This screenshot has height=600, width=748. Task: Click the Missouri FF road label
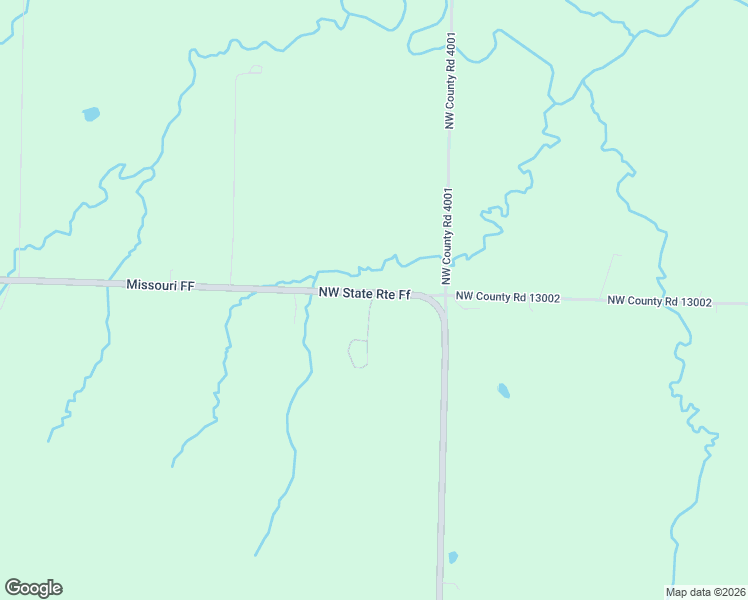160,285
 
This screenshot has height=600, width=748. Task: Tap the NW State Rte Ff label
365,293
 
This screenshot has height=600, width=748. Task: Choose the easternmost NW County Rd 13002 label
659,301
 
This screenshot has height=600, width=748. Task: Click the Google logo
33,588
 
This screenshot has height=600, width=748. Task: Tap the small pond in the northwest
91,114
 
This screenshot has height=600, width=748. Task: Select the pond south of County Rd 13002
503,390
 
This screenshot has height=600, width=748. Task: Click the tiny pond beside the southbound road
453,557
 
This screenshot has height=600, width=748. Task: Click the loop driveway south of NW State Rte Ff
357,353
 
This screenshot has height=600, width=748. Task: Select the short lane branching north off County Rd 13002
610,275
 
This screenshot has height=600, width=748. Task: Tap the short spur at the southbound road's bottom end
451,586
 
